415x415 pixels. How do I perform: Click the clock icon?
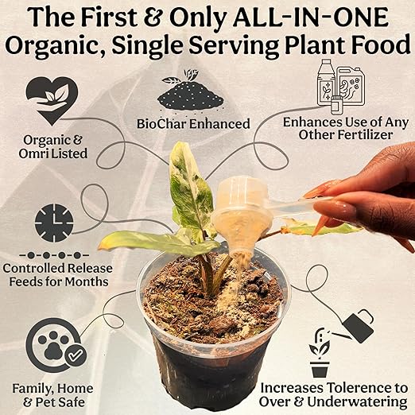[53, 223]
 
